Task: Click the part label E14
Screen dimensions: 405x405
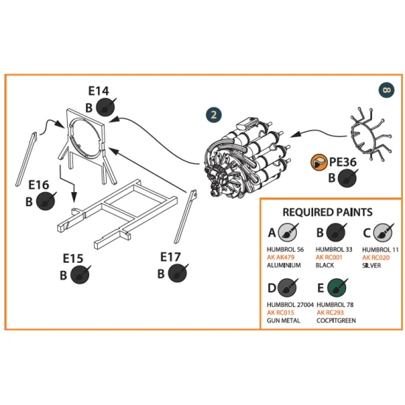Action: [99, 91]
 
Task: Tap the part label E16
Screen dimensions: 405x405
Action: [38, 185]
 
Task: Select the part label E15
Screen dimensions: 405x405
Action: [73, 258]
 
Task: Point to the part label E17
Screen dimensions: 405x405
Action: [171, 257]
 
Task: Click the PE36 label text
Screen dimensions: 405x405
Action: [343, 162]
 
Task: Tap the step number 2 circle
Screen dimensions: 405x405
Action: [214, 115]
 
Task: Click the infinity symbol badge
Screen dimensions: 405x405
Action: [387, 90]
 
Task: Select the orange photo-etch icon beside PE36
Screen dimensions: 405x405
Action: [320, 163]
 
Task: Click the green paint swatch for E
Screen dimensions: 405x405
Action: [337, 287]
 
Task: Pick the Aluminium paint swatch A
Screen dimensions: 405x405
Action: [287, 233]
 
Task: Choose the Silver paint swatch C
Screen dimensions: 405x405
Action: [383, 233]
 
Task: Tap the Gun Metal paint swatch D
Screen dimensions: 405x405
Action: [287, 287]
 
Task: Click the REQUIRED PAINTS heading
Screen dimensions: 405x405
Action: [328, 212]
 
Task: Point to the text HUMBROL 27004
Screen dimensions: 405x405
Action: [290, 305]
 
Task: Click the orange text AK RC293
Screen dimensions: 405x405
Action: [330, 312]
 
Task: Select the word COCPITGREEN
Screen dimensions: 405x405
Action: [336, 320]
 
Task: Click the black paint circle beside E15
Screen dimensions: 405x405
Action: [80, 275]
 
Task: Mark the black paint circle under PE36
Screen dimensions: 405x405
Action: [348, 178]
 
